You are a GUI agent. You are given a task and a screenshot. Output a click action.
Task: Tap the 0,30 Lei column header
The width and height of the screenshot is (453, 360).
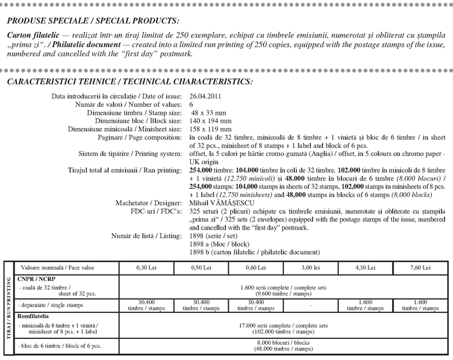pyautogui.click(x=148, y=267)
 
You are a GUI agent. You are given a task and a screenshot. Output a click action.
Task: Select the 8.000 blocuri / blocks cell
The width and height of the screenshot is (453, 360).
pyautogui.click(x=282, y=346)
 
